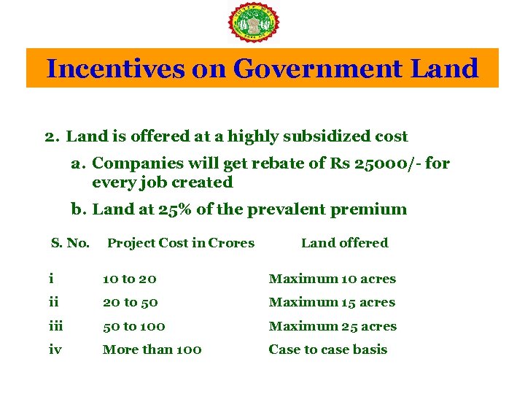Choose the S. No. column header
click(x=70, y=243)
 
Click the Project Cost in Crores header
click(x=181, y=243)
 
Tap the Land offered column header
click(x=345, y=243)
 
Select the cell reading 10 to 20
click(x=130, y=279)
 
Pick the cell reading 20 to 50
click(x=131, y=302)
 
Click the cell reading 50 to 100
click(x=134, y=326)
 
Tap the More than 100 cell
click(x=152, y=349)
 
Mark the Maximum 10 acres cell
click(x=332, y=279)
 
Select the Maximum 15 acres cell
click(x=332, y=302)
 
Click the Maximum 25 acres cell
click(x=332, y=326)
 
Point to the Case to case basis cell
click(x=328, y=349)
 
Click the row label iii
click(x=56, y=326)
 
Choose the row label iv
click(x=55, y=349)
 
